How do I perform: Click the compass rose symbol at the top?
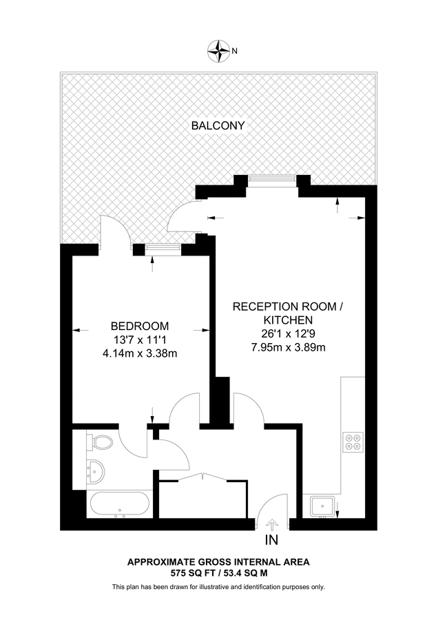pyautogui.click(x=219, y=50)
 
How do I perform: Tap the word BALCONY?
pyautogui.click(x=218, y=126)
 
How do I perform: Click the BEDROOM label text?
pyautogui.click(x=140, y=326)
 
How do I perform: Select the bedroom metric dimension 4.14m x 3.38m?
pyautogui.click(x=140, y=353)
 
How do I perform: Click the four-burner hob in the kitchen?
pyautogui.click(x=353, y=440)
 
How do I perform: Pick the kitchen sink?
pyautogui.click(x=322, y=506)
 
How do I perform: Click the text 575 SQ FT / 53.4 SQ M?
pyautogui.click(x=218, y=572)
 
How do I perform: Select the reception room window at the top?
pyautogui.click(x=273, y=179)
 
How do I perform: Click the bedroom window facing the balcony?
pyautogui.click(x=158, y=248)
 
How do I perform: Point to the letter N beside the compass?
pyautogui.click(x=235, y=50)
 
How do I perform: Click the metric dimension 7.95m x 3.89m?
pyautogui.click(x=288, y=347)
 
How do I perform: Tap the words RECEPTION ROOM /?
pyautogui.click(x=287, y=306)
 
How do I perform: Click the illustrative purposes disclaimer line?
pyautogui.click(x=218, y=587)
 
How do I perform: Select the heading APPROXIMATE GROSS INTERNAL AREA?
pyautogui.click(x=218, y=562)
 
